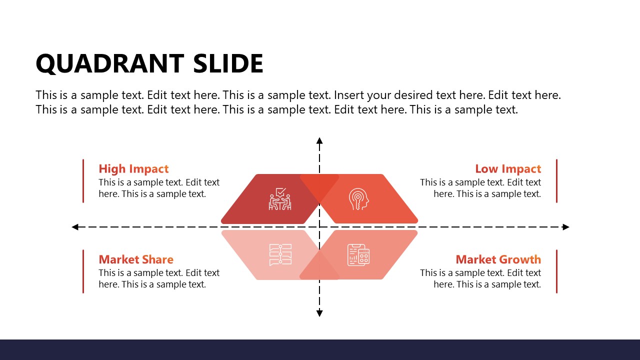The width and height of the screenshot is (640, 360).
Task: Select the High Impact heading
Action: [133, 169]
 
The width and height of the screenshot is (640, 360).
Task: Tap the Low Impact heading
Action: [508, 169]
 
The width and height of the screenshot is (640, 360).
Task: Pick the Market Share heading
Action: [136, 259]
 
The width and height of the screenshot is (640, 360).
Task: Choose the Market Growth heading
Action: [498, 259]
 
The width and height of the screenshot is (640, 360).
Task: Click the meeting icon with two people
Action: [280, 199]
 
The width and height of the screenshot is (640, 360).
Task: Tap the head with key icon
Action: [358, 199]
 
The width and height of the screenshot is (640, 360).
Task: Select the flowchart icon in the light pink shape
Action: [280, 254]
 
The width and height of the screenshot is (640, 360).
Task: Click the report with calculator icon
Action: [358, 254]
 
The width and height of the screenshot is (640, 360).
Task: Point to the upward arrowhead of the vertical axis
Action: [319, 140]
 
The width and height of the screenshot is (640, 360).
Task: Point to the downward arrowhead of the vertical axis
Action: [319, 313]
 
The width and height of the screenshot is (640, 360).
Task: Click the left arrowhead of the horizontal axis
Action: [75, 227]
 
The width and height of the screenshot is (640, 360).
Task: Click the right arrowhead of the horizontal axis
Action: [566, 227]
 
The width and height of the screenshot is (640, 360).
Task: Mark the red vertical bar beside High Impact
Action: [83, 181]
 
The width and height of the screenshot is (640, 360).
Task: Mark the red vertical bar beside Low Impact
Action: [556, 181]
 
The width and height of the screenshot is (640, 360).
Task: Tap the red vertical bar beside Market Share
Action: [83, 271]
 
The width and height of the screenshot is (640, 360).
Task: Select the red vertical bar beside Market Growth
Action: [556, 271]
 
